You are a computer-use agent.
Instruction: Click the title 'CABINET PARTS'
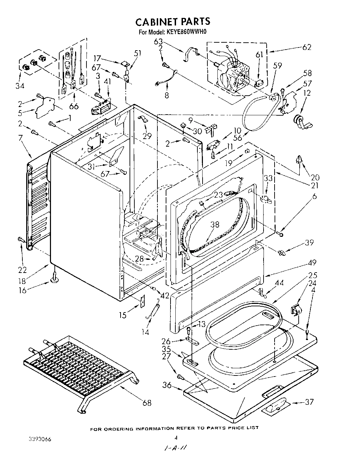[172, 22]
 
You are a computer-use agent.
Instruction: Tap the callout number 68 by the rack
[146, 402]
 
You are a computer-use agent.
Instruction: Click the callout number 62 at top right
[306, 47]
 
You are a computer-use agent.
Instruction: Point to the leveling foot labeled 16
[54, 277]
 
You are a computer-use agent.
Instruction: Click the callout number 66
[74, 106]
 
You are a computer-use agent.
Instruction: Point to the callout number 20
[315, 177]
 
